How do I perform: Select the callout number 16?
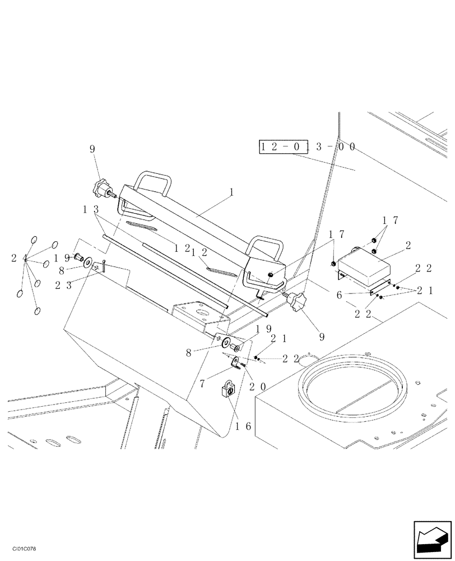[242, 426]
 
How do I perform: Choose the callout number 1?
[230, 192]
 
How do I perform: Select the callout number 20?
[257, 387]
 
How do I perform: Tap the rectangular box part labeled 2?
[364, 265]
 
